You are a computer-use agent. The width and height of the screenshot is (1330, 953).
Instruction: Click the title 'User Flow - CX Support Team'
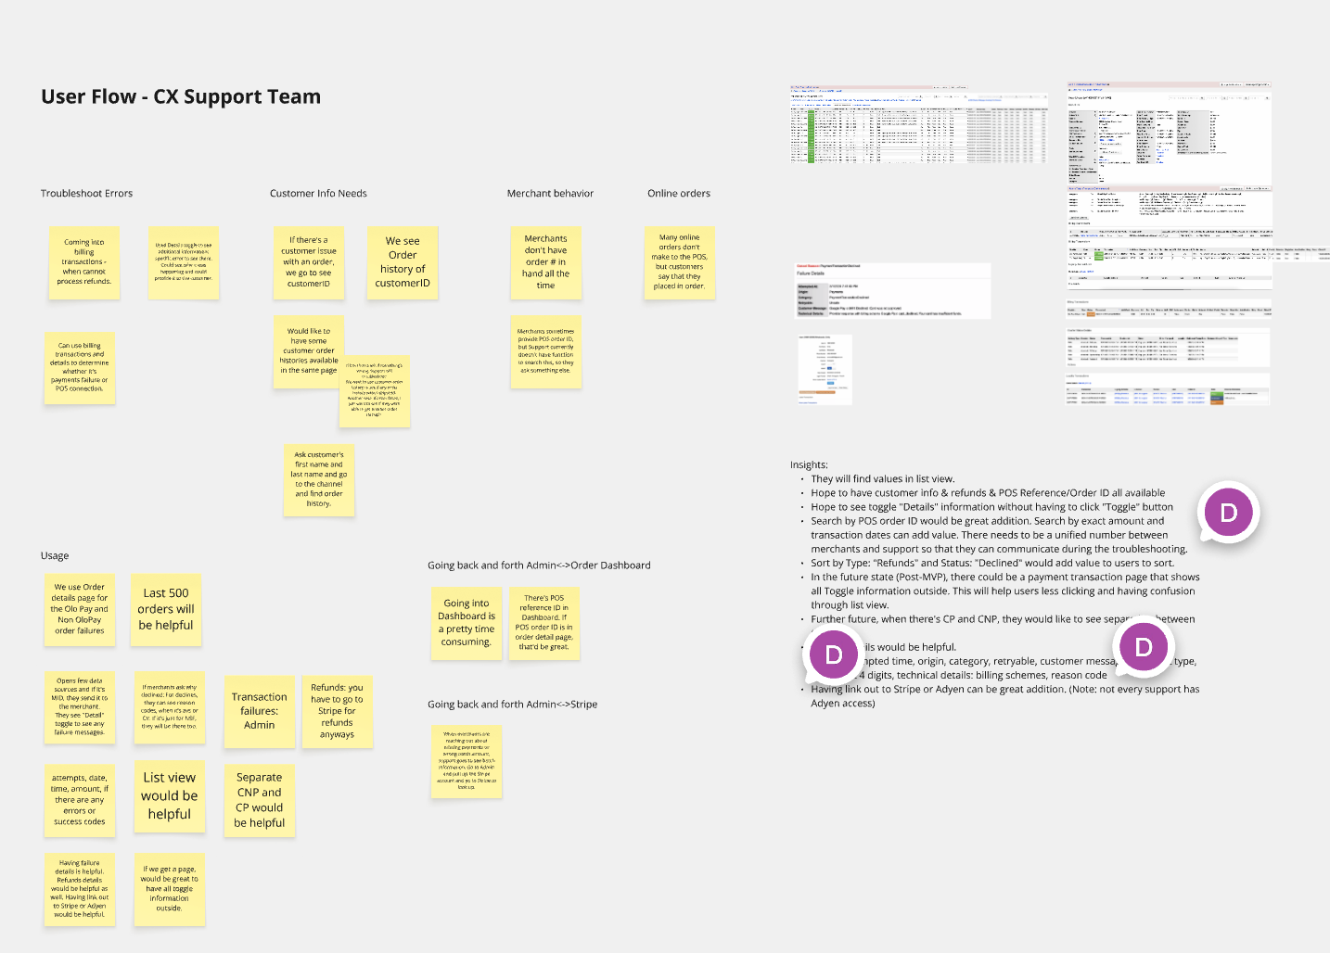pos(181,97)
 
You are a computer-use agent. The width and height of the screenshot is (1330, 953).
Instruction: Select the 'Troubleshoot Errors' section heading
pos(86,194)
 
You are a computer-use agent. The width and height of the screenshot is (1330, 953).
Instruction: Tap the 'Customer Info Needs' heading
pos(318,194)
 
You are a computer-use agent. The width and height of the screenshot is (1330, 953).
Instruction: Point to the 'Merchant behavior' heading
pos(550,194)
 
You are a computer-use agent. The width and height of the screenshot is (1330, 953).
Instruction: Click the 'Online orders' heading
pos(679,194)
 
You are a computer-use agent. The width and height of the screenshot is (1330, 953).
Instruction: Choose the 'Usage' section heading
pos(55,556)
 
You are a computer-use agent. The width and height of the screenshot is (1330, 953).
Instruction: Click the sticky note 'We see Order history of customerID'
pos(403,262)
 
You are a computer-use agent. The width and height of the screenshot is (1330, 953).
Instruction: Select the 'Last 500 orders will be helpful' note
pos(166,609)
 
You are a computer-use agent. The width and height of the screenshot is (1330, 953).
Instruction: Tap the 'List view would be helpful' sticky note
pos(170,796)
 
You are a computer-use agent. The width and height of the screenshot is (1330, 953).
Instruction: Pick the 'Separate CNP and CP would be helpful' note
pos(260,800)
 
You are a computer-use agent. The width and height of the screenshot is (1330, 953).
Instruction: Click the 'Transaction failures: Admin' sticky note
pos(260,711)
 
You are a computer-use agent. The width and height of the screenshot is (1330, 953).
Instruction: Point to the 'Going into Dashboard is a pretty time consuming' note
pos(467,623)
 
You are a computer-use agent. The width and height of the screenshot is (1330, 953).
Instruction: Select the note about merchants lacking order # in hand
pos(545,262)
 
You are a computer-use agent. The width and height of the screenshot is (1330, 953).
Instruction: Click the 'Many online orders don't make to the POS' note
pos(680,262)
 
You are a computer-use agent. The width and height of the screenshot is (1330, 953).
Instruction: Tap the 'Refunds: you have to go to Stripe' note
pos(337,711)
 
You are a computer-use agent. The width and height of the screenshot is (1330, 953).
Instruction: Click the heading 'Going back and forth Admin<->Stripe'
pos(512,705)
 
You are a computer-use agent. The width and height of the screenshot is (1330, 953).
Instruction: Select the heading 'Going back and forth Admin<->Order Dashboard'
pos(539,565)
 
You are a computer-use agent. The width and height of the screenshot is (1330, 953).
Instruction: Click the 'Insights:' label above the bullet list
pos(809,465)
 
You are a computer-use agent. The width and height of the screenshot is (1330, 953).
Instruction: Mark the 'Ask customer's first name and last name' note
pos(318,479)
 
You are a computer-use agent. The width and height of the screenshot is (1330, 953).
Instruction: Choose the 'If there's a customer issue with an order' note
pos(309,262)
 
